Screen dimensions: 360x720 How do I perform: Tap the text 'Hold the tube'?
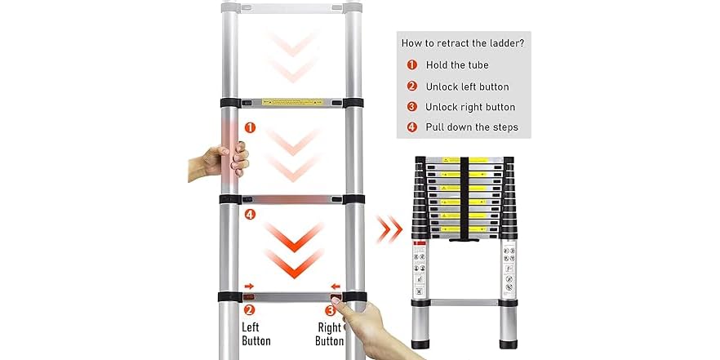click(457, 65)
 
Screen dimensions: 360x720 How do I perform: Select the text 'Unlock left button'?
click(467, 87)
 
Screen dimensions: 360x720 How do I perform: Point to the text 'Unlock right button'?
click(470, 107)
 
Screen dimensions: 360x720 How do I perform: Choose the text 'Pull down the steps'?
click(472, 127)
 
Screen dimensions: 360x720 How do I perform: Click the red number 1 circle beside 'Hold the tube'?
click(411, 65)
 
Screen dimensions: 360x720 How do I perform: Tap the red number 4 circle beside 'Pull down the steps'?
click(411, 127)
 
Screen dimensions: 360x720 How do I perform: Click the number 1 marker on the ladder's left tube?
click(250, 128)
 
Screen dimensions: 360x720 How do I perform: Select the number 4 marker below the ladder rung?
click(250, 216)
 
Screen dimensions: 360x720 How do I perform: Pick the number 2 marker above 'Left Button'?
click(250, 309)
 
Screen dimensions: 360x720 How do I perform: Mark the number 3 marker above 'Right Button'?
click(331, 309)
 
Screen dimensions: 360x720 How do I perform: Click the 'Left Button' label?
click(256, 333)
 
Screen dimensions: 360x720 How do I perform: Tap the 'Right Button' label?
click(330, 333)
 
